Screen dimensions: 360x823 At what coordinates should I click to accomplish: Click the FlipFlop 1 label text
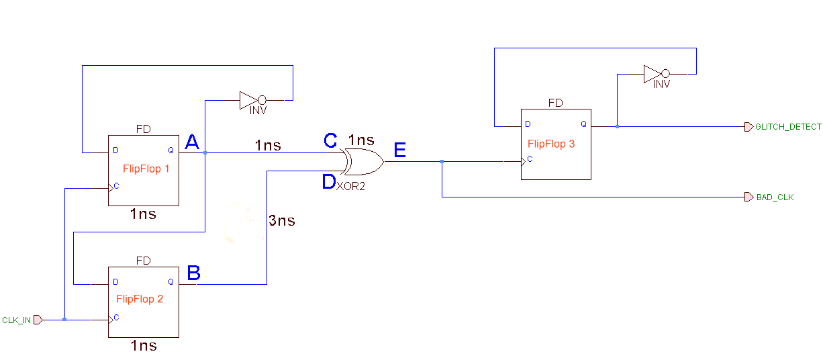146,169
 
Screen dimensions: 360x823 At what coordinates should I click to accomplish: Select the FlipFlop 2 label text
140,299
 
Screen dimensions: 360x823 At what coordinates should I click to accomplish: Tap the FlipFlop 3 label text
551,144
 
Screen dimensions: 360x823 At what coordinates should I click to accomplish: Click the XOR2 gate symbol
363,163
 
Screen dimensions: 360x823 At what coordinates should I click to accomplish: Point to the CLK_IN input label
17,320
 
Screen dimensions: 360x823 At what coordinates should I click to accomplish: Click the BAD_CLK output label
775,197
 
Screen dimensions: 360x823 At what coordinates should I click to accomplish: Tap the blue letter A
192,142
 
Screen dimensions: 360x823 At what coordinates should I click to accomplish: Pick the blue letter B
193,273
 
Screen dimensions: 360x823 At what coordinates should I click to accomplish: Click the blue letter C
330,141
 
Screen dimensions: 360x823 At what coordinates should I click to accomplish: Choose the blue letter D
329,182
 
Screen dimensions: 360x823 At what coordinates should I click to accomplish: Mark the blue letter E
399,150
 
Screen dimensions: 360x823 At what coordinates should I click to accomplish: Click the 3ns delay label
282,220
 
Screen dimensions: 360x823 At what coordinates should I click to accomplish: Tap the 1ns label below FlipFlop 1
144,214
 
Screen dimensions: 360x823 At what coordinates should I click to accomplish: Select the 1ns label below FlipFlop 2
144,346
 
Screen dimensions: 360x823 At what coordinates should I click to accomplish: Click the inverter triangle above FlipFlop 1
246,101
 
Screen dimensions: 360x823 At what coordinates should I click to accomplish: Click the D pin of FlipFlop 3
528,124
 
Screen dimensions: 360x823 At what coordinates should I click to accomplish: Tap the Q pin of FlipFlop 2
171,282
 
